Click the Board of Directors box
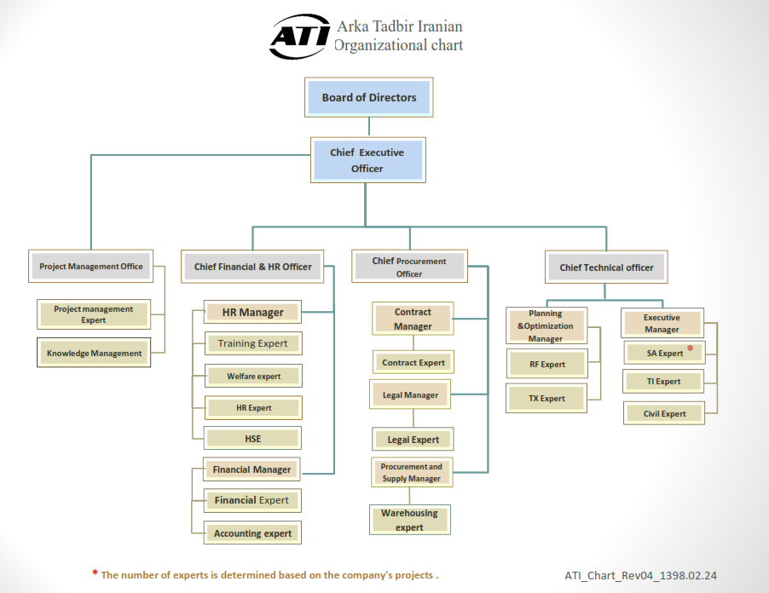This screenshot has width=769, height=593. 369,97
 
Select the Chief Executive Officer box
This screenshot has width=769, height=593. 367,160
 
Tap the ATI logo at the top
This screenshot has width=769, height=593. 300,36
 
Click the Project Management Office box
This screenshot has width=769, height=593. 90,266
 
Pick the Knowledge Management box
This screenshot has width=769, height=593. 94,353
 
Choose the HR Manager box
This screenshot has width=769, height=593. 252,312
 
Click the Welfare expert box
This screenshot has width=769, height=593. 253,376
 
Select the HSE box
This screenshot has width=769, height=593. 252,438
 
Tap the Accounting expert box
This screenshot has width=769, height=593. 252,533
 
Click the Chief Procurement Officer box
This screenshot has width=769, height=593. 409,267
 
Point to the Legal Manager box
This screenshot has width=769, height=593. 410,394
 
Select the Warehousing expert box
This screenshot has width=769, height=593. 410,520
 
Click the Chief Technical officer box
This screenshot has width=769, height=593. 606,267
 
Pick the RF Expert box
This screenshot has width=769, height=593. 546,364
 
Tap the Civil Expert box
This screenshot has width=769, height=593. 664,413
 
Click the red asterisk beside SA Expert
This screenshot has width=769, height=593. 690,348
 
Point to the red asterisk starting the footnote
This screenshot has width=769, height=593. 95,573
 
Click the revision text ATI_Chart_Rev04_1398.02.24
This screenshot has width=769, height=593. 640,575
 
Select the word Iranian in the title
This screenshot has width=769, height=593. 440,26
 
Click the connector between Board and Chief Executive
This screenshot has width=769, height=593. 369,127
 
